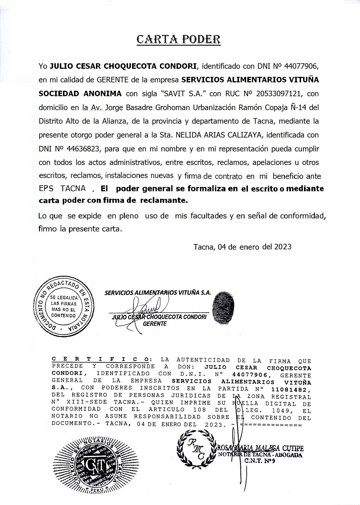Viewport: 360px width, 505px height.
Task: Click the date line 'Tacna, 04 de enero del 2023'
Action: coord(242,247)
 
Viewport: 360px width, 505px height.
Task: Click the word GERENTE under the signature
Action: coord(155,324)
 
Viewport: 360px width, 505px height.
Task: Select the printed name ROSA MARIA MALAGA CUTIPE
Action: coord(260,448)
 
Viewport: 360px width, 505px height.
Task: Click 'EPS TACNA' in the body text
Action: coord(62,189)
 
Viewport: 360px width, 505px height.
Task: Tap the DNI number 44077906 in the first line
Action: coord(301,66)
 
